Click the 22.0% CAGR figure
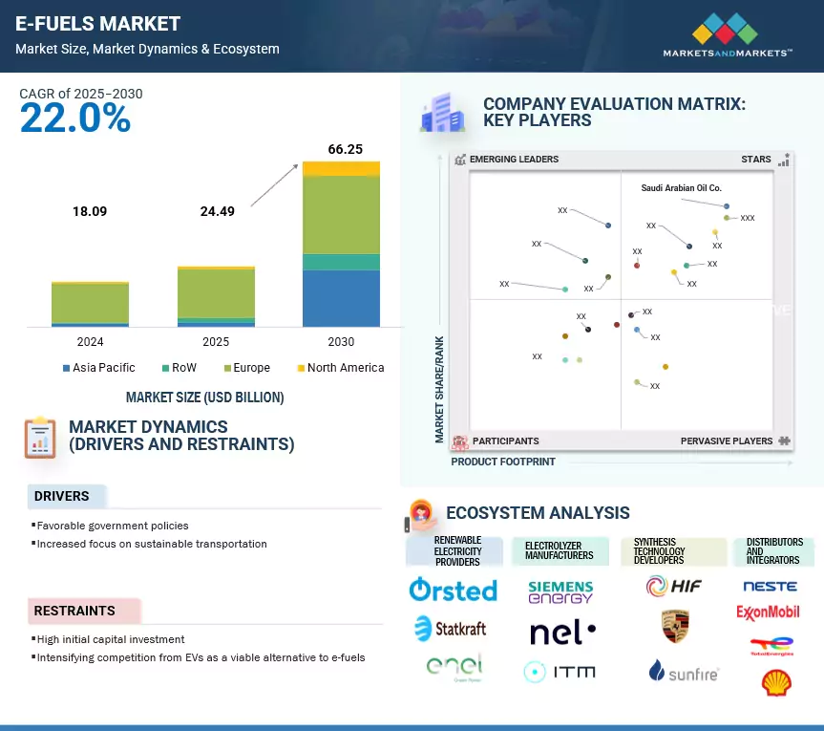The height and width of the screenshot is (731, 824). tap(75, 118)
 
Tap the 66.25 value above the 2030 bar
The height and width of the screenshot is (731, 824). tap(340, 150)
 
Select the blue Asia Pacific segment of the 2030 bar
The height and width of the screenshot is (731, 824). tap(341, 298)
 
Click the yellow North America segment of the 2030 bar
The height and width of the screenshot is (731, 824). tap(341, 169)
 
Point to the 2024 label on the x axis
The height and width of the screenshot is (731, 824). tap(90, 342)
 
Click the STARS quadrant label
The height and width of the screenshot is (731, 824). tap(756, 160)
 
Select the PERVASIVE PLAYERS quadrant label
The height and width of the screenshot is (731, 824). tap(727, 441)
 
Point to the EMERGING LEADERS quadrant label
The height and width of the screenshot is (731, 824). tap(514, 160)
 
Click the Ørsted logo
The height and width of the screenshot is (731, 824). tap(453, 590)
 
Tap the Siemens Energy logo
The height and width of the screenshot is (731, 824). tap(560, 591)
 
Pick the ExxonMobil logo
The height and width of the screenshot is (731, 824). tap(768, 612)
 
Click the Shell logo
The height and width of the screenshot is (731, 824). tap(774, 681)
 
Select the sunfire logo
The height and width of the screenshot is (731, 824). tap(683, 672)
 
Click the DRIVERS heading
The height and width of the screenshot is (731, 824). tap(62, 496)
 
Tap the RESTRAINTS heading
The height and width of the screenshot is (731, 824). tap(74, 611)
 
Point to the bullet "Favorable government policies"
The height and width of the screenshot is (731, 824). tap(112, 526)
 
